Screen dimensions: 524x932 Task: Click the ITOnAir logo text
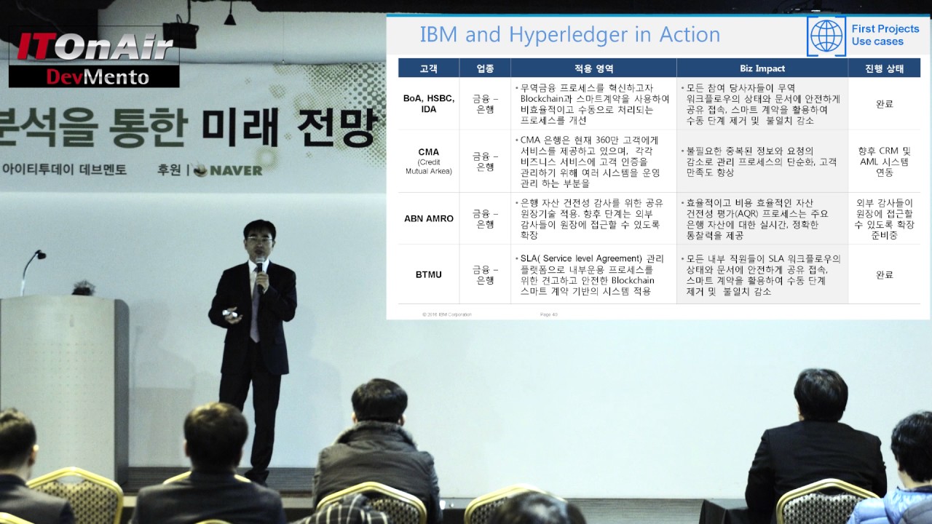click(x=95, y=47)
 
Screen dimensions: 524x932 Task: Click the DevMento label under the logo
click(x=97, y=76)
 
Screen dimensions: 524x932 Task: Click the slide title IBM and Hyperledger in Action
click(x=569, y=35)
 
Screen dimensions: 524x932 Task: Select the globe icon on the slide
click(x=826, y=36)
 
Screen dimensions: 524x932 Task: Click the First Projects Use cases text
click(x=885, y=35)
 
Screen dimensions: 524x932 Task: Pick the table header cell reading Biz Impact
click(x=762, y=68)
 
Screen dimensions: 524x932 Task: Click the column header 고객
click(x=428, y=68)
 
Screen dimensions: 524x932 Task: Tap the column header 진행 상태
click(x=884, y=68)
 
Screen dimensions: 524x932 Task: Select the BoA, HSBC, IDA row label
click(x=428, y=103)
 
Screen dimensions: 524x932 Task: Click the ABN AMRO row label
click(x=428, y=218)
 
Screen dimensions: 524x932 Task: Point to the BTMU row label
click(x=428, y=274)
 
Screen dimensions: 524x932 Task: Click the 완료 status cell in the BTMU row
click(x=884, y=274)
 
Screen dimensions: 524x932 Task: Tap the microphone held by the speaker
click(x=258, y=271)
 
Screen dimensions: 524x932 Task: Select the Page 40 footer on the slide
click(x=549, y=314)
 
